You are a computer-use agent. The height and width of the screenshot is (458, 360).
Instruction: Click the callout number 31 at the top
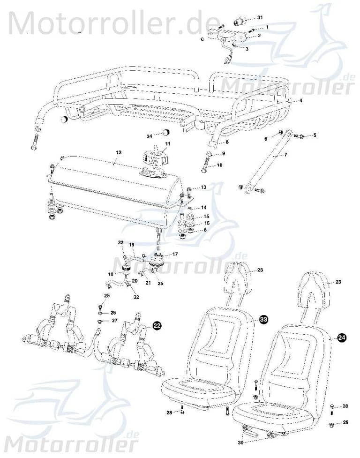[260, 17]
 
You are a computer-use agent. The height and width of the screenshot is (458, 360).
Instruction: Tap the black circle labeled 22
[156, 327]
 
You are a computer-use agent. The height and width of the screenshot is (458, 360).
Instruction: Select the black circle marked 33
[264, 319]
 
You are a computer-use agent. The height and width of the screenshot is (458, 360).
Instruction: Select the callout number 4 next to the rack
[301, 101]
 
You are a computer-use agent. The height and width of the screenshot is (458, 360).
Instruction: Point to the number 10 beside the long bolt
[219, 165]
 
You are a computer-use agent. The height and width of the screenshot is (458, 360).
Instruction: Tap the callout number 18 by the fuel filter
[110, 274]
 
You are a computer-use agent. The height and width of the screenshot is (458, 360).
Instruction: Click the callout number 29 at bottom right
[346, 423]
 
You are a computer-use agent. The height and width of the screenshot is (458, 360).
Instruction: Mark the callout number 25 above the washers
[107, 295]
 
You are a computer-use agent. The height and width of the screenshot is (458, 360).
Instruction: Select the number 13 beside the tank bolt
[203, 188]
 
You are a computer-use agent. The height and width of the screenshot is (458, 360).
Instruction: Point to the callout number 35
[160, 284]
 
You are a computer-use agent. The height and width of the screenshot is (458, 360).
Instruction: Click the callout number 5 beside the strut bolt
[315, 135]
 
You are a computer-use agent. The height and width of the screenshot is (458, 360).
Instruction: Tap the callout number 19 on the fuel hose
[132, 245]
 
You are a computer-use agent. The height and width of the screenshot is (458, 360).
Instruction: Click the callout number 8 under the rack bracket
[227, 142]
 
